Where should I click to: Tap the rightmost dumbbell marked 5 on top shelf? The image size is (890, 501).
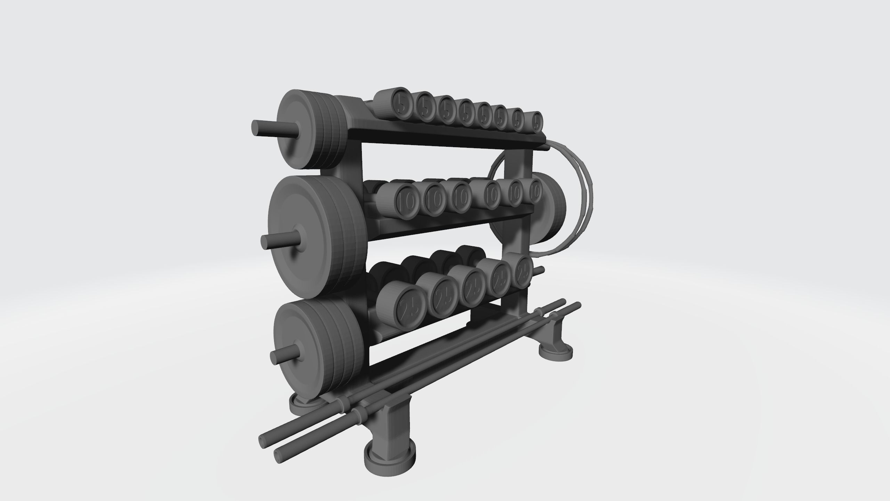tap(537, 122)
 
